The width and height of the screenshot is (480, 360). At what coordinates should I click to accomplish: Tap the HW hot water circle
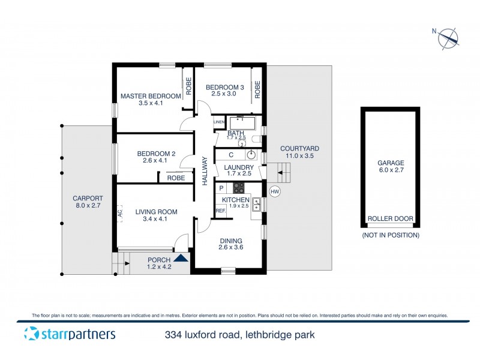pos(275,191)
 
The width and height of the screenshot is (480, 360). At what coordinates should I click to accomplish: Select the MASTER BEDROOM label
pos(151,96)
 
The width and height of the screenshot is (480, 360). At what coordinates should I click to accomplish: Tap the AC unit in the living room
pos(120,213)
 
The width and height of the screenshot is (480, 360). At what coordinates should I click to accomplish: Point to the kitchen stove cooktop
pos(239,187)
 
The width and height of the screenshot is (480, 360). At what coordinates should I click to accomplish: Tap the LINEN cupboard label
pos(218,122)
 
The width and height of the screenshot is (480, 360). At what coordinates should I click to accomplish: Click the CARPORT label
pos(88,202)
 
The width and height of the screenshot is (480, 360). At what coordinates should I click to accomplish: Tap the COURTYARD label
pos(299,152)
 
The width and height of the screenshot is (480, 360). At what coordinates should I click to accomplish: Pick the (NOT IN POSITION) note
pos(390,235)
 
